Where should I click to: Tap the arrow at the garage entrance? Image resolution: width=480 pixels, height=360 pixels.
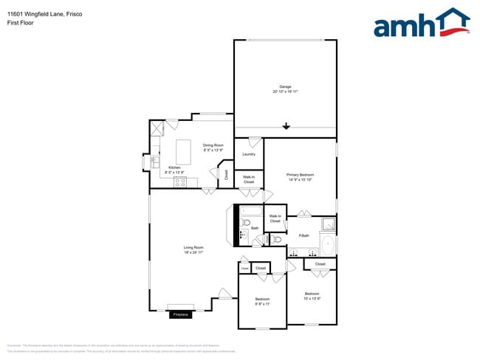click(286, 127)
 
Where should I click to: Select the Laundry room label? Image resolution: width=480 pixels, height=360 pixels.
click(249, 154)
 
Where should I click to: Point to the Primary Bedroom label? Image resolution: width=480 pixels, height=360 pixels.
click(301, 177)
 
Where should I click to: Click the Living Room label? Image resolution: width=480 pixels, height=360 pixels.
click(194, 249)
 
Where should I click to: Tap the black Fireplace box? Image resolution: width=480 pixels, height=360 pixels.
click(181, 315)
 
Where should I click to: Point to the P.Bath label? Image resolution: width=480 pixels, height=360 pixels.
click(303, 236)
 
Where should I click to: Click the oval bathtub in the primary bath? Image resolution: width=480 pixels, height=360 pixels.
click(327, 243)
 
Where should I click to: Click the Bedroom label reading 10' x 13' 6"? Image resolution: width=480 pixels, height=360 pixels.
click(312, 297)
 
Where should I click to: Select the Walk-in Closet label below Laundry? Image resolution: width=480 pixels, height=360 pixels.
click(249, 179)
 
